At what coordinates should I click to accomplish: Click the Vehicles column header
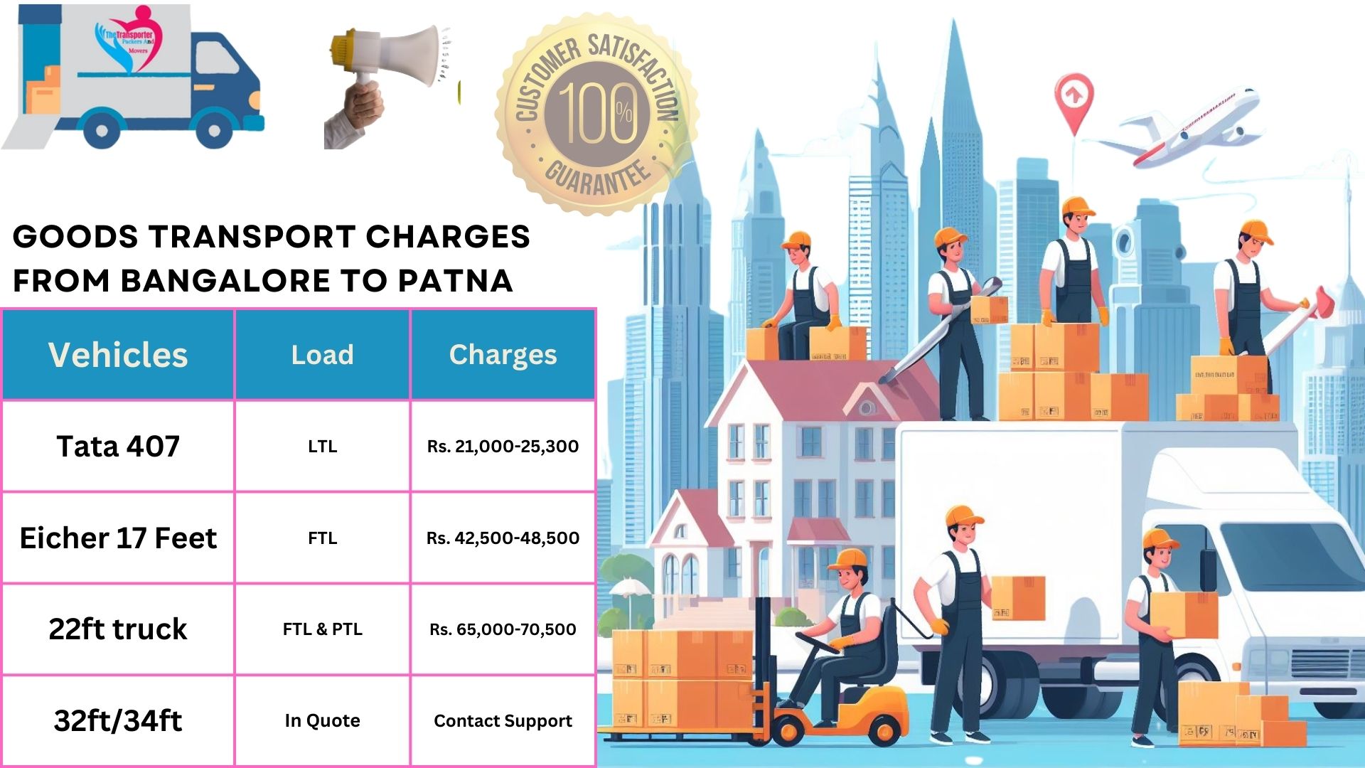click(118, 354)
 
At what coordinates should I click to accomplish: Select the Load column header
click(322, 354)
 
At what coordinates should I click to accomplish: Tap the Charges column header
click(503, 354)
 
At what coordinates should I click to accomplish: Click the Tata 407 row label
click(118, 446)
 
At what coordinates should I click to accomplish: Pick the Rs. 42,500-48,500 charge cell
click(503, 538)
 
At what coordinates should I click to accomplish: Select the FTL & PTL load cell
click(322, 629)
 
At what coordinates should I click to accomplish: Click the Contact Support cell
click(503, 720)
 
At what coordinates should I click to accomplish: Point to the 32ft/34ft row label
click(118, 720)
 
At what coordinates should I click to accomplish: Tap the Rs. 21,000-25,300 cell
click(503, 446)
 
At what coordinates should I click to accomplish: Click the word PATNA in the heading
click(455, 281)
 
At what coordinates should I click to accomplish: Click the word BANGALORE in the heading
click(225, 281)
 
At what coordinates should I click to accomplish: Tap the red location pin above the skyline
click(1074, 96)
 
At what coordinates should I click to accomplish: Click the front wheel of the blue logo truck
click(214, 130)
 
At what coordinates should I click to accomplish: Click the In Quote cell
click(322, 720)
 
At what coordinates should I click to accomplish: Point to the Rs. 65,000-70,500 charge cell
click(503, 629)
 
